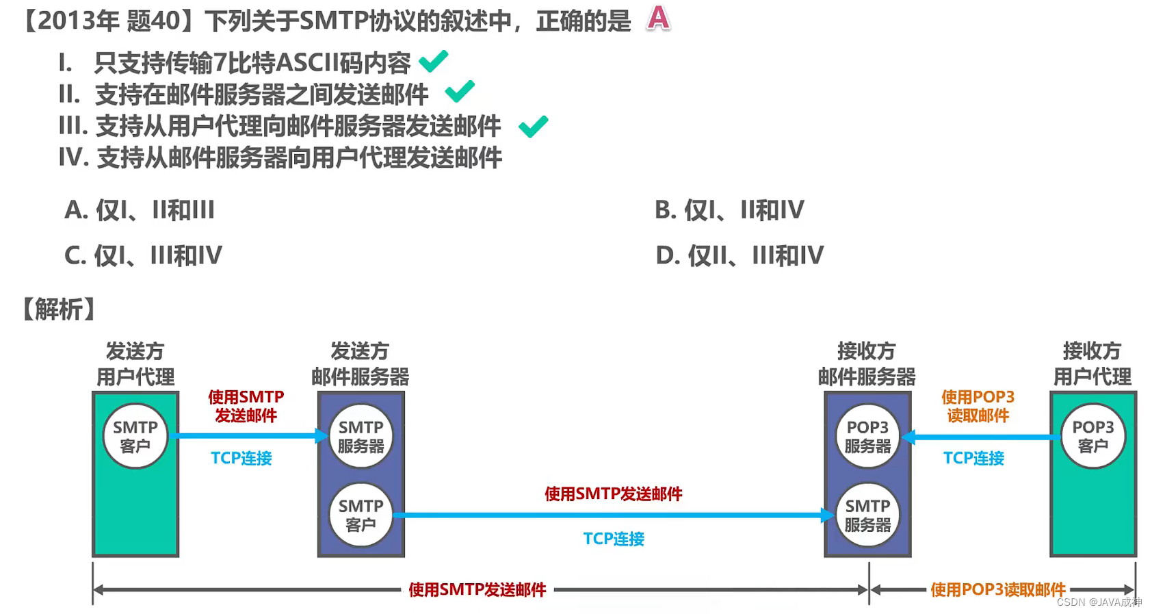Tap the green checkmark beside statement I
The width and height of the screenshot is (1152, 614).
(x=433, y=62)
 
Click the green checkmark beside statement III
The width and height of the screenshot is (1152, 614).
(x=533, y=126)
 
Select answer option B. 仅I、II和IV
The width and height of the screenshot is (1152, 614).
(x=729, y=209)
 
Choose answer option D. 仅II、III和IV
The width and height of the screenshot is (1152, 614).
(x=739, y=255)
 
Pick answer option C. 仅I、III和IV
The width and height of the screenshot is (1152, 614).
(x=143, y=255)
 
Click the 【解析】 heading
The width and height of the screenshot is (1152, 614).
(x=59, y=309)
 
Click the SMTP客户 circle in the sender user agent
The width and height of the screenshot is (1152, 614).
(x=135, y=436)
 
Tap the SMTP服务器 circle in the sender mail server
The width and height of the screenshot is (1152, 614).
(x=361, y=436)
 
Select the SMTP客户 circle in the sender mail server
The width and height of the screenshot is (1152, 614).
(x=361, y=515)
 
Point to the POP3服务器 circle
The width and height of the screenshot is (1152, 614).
(x=867, y=436)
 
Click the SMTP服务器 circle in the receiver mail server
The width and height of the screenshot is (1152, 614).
(x=867, y=515)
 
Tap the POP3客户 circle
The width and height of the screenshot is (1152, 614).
(x=1092, y=436)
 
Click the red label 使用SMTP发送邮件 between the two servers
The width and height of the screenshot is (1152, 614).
(x=613, y=494)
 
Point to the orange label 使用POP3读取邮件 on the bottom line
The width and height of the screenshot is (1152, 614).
(x=998, y=589)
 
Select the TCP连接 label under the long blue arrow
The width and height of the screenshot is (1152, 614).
(x=613, y=539)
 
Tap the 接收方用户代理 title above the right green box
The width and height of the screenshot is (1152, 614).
(x=1092, y=363)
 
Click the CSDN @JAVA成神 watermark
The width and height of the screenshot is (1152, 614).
(x=1099, y=602)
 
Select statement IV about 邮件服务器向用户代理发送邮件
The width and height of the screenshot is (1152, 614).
(x=280, y=157)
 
